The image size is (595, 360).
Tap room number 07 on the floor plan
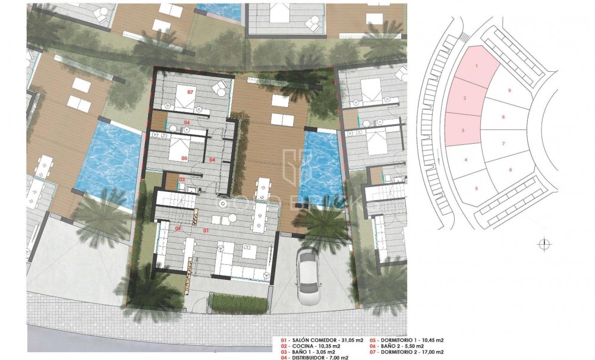tap(191, 93)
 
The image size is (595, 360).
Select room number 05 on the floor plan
tap(184, 158)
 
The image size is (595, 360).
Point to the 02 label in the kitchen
tap(178, 228)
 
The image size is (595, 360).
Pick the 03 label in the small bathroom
tap(182, 179)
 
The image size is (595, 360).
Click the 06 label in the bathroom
tap(187, 122)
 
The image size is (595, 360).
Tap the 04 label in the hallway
tap(212, 159)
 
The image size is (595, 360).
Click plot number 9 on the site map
tap(510, 90)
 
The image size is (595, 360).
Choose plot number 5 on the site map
tap(477, 188)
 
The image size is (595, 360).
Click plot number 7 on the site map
tap(503, 144)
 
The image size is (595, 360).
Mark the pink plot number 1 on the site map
tap(477, 66)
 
